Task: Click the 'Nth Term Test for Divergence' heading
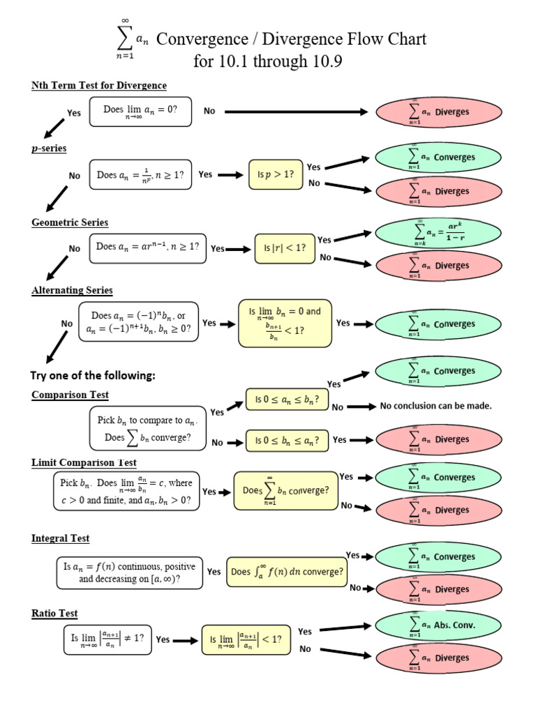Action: (x=99, y=85)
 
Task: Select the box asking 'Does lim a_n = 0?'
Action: (x=140, y=112)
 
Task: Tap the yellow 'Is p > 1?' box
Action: (x=276, y=174)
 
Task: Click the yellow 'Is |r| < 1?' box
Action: (x=284, y=248)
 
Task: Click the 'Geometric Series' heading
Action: (x=70, y=222)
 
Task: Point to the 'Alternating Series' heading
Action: (x=72, y=290)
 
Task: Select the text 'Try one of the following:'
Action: (x=92, y=376)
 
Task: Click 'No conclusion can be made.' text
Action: (x=435, y=406)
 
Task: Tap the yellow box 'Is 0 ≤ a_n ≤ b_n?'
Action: (x=287, y=400)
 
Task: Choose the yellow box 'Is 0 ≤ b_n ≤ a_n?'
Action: (x=287, y=441)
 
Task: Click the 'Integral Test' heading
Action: (x=60, y=538)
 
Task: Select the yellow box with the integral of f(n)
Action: (x=287, y=572)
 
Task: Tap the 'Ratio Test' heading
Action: (x=54, y=614)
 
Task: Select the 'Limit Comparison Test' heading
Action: (x=84, y=462)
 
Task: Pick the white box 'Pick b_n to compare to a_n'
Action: (x=147, y=429)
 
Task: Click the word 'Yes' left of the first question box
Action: (x=74, y=112)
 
